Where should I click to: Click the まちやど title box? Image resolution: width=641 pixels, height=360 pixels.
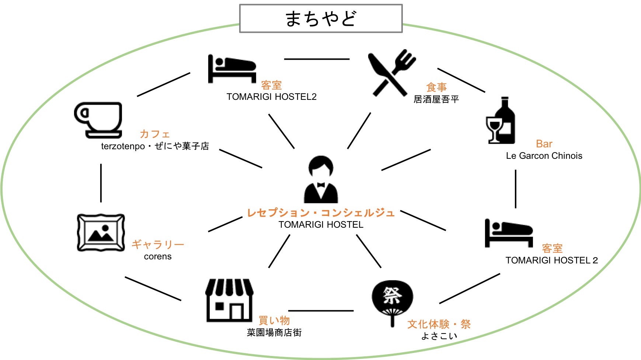pos(321,18)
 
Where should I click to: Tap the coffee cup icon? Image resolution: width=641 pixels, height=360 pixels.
pos(98,120)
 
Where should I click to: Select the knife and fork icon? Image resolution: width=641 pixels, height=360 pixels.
pos(391,73)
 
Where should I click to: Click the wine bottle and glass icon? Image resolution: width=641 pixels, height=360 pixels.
pos(501,121)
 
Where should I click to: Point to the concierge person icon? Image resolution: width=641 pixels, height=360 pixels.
pos(321,179)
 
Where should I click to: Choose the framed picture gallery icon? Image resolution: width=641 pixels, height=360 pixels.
pos(101,233)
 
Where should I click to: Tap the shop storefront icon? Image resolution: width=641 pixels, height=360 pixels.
pos(229,300)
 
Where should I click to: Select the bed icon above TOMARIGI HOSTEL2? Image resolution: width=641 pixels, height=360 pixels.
pos(232,69)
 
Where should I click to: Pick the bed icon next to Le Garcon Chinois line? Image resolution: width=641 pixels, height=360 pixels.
pos(509,233)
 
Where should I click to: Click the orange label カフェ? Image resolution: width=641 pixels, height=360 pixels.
pos(155,134)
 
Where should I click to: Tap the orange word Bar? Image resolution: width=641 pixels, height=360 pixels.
pos(544,144)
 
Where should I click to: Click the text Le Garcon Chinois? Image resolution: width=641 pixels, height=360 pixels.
pos(544,156)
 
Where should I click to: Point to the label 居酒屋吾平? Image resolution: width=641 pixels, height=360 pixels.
pos(436,99)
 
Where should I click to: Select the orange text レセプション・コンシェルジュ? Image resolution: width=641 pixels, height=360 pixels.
pos(321,213)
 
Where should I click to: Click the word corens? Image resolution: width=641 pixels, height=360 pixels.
pos(158,256)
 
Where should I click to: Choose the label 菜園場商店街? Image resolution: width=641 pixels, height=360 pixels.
pos(274,332)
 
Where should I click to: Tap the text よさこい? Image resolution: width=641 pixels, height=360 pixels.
pos(439,336)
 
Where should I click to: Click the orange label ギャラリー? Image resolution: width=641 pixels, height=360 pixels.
pos(158,244)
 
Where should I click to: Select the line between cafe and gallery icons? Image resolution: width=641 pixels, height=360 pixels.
pos(101,183)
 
